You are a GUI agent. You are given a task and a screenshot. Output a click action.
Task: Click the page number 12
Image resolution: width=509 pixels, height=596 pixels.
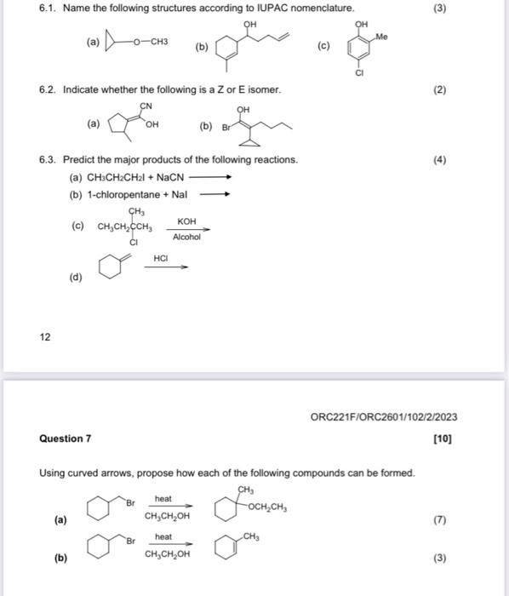click(x=44, y=337)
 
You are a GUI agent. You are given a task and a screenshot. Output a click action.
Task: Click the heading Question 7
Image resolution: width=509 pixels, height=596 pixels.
click(x=65, y=439)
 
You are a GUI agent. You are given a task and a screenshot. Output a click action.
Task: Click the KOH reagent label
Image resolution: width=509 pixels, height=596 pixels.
click(x=186, y=221)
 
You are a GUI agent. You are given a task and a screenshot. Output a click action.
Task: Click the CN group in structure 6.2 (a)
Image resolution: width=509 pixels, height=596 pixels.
click(x=146, y=106)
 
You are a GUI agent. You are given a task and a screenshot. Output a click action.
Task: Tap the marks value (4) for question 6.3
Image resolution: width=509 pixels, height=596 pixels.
click(x=438, y=159)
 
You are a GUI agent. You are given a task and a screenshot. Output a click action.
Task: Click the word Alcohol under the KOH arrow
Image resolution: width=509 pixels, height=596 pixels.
click(x=186, y=237)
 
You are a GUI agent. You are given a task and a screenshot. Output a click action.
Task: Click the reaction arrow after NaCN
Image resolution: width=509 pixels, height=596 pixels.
click(x=209, y=178)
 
